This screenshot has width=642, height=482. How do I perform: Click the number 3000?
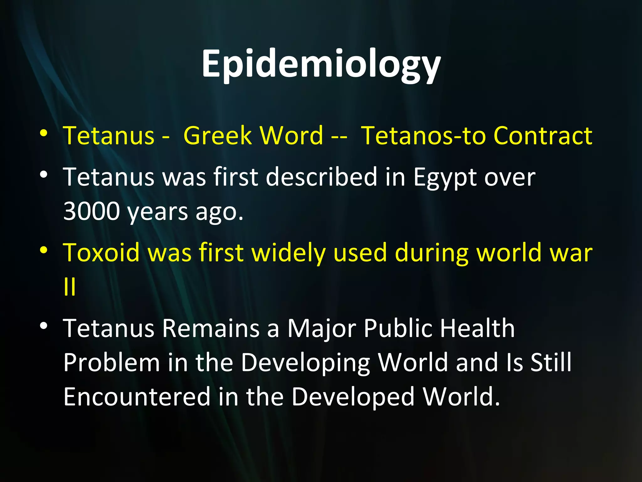pyautogui.click(x=92, y=211)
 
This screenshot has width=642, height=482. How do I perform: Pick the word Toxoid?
pyautogui.click(x=101, y=253)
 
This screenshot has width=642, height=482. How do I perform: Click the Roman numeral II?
pyautogui.click(x=69, y=287)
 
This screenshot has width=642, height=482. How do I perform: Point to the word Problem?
pyautogui.click(x=112, y=363)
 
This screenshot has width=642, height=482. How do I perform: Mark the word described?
pyautogui.click(x=322, y=177)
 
